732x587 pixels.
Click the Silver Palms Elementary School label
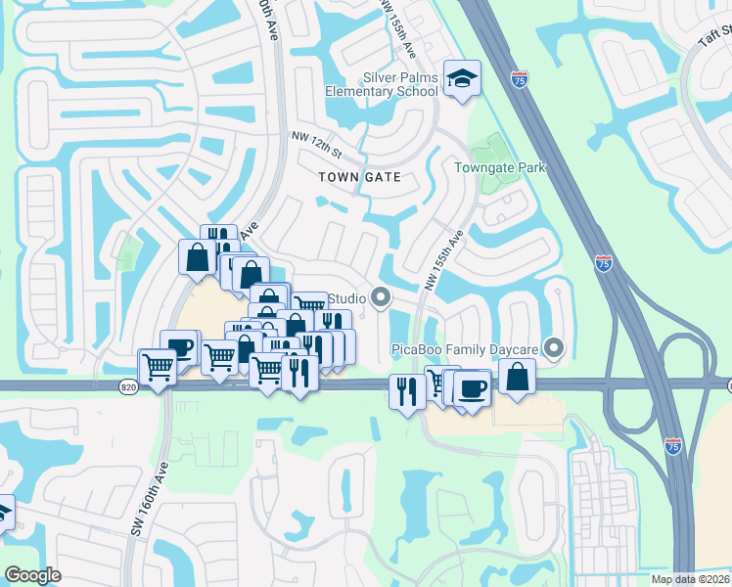tap(386, 84)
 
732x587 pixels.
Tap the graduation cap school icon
tap(460, 78)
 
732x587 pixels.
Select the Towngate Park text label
tap(499, 167)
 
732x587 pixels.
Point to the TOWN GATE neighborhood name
tap(360, 176)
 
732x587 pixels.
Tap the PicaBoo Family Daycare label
tap(467, 349)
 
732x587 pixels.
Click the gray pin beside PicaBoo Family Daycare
tap(555, 347)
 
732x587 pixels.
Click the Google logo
tap(32, 575)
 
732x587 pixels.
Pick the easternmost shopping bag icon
tap(517, 376)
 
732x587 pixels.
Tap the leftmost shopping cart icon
tap(157, 368)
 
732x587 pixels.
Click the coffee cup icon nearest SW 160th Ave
tap(180, 346)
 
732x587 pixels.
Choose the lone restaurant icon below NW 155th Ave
tap(407, 391)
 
